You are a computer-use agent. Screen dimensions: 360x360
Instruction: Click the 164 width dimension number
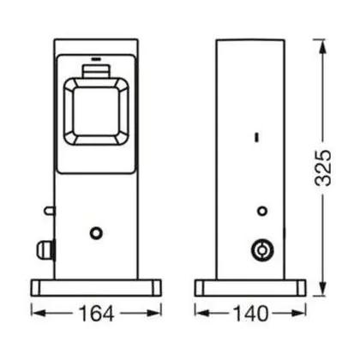point(96,314)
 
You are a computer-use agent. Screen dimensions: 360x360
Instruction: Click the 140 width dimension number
point(251,314)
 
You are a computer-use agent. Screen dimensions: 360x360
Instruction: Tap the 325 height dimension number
point(323,168)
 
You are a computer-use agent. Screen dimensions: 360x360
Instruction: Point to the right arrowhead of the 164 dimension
point(154,313)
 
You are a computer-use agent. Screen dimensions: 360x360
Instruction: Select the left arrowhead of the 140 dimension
point(202,313)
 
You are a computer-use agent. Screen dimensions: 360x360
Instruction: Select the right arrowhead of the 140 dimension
point(298,313)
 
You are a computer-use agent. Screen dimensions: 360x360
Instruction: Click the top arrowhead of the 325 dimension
point(323,46)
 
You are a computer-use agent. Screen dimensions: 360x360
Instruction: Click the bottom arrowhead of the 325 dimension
point(323,289)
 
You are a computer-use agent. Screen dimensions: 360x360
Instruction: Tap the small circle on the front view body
point(96,233)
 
